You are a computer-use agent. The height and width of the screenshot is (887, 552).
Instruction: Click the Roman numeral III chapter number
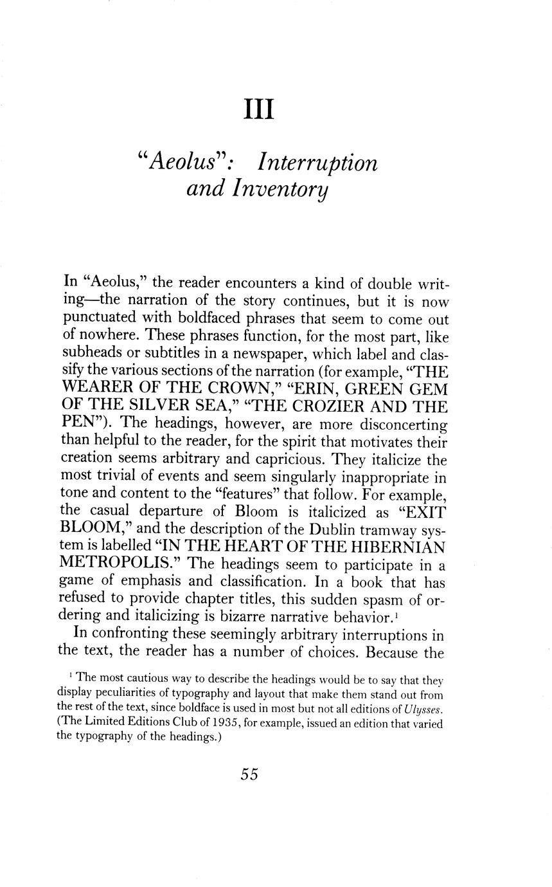[x=260, y=110]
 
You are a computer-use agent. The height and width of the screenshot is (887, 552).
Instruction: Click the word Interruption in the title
[x=317, y=162]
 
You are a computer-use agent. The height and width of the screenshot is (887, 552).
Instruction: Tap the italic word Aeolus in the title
[x=181, y=162]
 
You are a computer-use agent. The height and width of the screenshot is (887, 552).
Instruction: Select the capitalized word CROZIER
[x=335, y=408]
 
